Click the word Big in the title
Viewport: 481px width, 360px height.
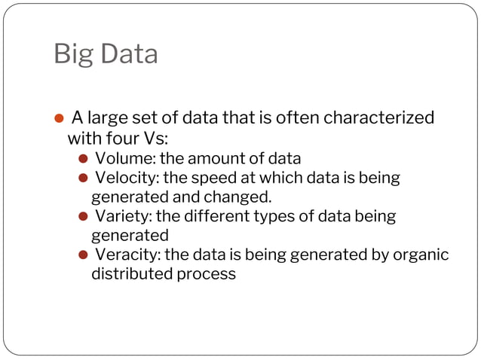(71, 55)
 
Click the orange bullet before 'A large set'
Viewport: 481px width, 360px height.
(59, 120)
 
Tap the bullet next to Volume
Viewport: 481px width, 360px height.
(84, 159)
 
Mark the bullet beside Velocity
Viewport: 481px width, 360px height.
(84, 179)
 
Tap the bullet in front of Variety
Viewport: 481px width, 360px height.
(84, 217)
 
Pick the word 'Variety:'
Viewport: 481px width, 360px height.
(123, 216)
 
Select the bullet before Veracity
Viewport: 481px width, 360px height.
(84, 255)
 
